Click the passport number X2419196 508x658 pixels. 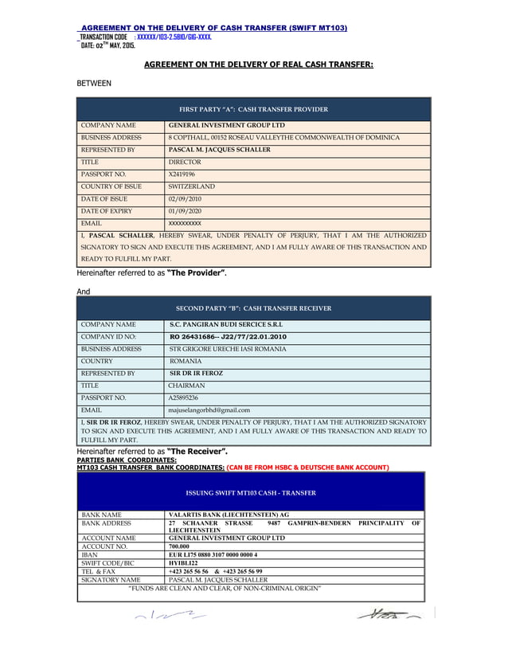point(182,173)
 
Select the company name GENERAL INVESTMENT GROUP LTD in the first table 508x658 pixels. point(227,126)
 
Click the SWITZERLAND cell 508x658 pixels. point(192,186)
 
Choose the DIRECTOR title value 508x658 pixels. point(185,162)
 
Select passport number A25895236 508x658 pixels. point(184,397)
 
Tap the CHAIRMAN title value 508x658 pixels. point(187,385)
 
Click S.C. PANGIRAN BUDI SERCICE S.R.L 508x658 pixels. point(226,325)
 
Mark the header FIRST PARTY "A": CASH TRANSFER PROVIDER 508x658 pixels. point(253,109)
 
